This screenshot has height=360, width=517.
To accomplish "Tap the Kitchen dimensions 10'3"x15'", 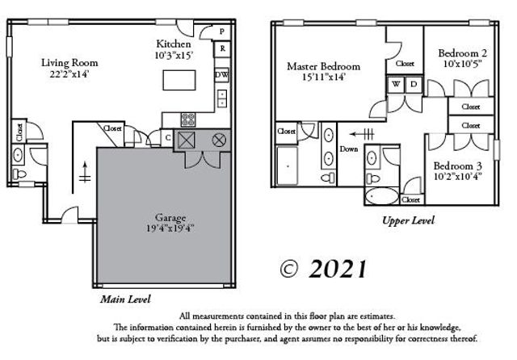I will pyautogui.click(x=174, y=56).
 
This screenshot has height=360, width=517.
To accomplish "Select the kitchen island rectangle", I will pyautogui.click(x=179, y=80).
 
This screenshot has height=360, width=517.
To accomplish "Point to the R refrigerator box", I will pyautogui.click(x=222, y=49).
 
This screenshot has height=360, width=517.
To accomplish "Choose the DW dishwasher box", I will pyautogui.click(x=221, y=75).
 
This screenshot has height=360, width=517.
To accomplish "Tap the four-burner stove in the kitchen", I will pyautogui.click(x=188, y=119).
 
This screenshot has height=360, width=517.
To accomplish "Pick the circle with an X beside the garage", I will pyautogui.click(x=218, y=140).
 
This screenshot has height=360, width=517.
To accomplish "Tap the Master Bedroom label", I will pyautogui.click(x=323, y=66).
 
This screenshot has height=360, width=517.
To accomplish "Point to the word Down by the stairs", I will pyautogui.click(x=350, y=149).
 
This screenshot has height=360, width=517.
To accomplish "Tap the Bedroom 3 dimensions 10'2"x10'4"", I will pyautogui.click(x=459, y=176).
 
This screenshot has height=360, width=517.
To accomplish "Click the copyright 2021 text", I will pyautogui.click(x=322, y=267).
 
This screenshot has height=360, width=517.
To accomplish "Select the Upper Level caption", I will pyautogui.click(x=408, y=220).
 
